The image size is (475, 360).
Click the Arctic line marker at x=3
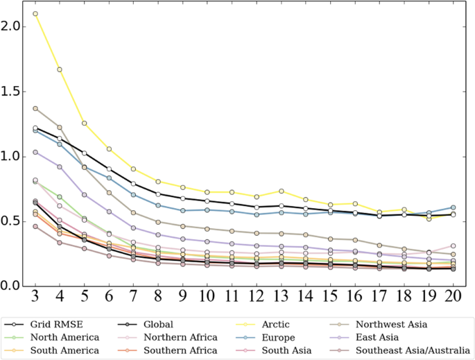[x=35, y=14]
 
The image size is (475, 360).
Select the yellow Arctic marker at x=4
[x=60, y=69]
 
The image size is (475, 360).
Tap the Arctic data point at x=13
[x=282, y=191]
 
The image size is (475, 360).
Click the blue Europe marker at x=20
[x=454, y=207]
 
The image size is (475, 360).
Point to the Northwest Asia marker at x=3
[x=35, y=108]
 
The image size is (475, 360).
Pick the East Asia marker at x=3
[x=35, y=152]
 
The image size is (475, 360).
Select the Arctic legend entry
[x=276, y=324]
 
